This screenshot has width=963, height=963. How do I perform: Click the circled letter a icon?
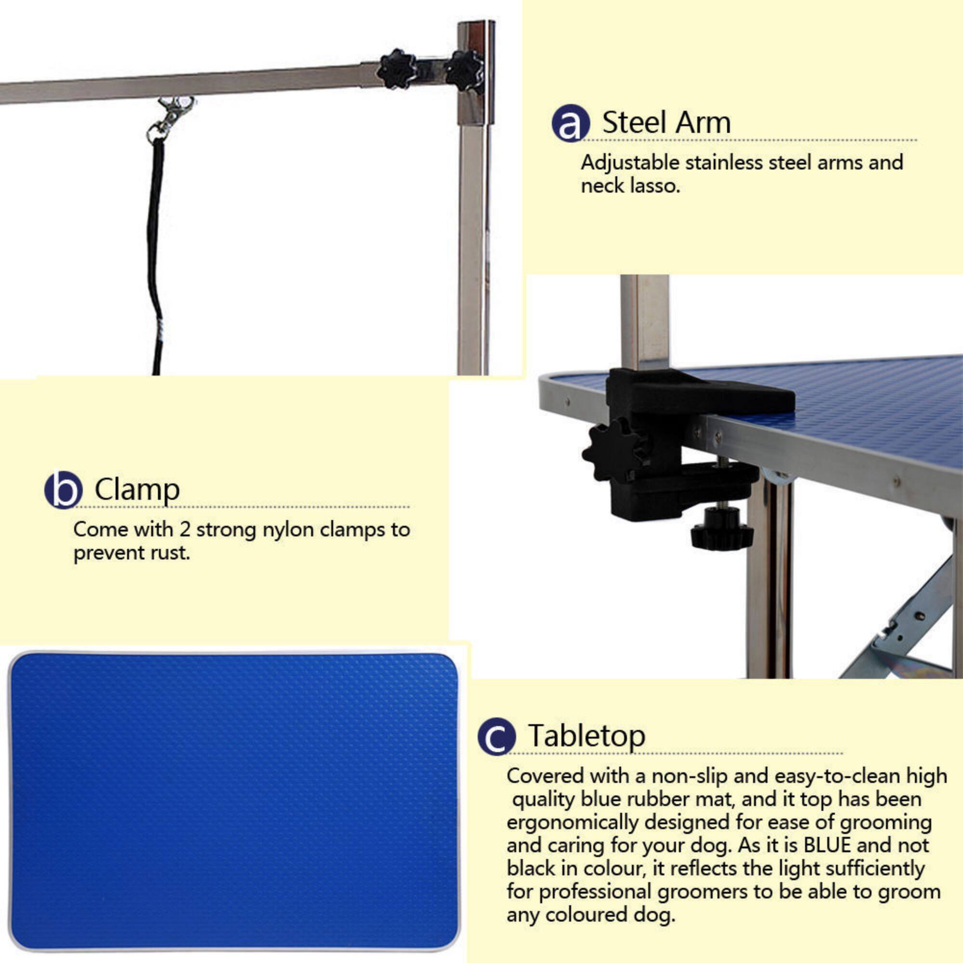pyautogui.click(x=570, y=123)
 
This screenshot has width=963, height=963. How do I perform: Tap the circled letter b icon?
pyautogui.click(x=63, y=490)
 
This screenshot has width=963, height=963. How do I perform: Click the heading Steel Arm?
pyautogui.click(x=666, y=122)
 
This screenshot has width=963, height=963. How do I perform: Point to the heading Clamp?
pyautogui.click(x=137, y=490)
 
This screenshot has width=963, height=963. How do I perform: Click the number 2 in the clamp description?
pyautogui.click(x=184, y=529)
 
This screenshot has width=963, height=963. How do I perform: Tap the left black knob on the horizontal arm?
pyautogui.click(x=396, y=69)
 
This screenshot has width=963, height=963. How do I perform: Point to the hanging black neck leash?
pyautogui.click(x=156, y=249)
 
